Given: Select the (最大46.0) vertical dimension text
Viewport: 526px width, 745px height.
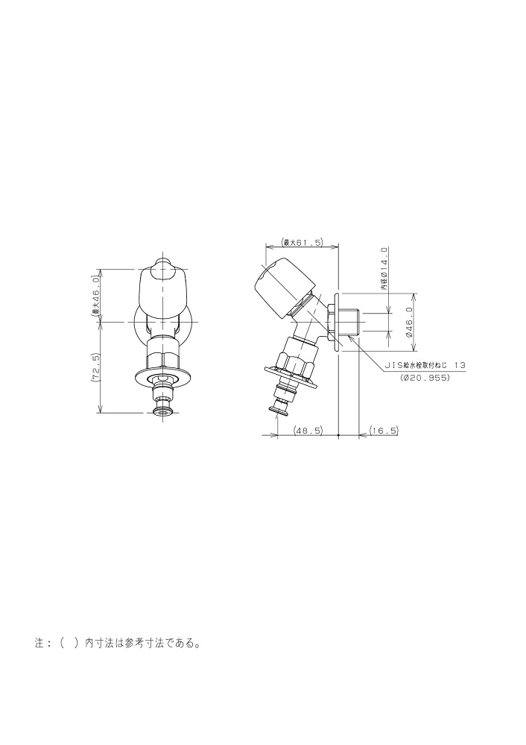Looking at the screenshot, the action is click(95, 296).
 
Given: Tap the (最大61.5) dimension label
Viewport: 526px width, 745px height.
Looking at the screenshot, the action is click(302, 243).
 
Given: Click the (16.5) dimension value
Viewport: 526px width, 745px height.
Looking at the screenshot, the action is click(384, 431).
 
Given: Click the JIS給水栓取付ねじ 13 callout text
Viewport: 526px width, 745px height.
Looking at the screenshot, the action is click(425, 365).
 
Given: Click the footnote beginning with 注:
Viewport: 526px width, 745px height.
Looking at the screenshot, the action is click(117, 644).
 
